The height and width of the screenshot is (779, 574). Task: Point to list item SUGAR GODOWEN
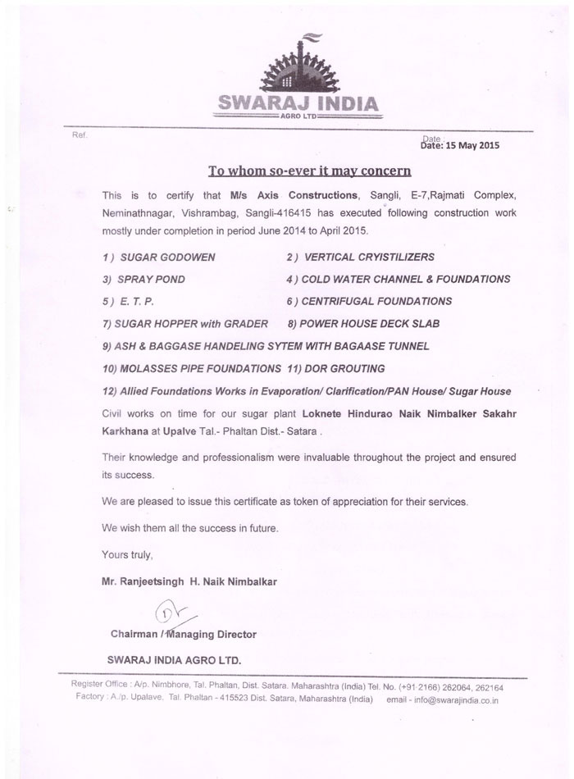click(x=159, y=257)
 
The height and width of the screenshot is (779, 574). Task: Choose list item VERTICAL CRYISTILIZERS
click(x=352, y=257)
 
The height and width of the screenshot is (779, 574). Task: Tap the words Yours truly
click(x=127, y=555)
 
